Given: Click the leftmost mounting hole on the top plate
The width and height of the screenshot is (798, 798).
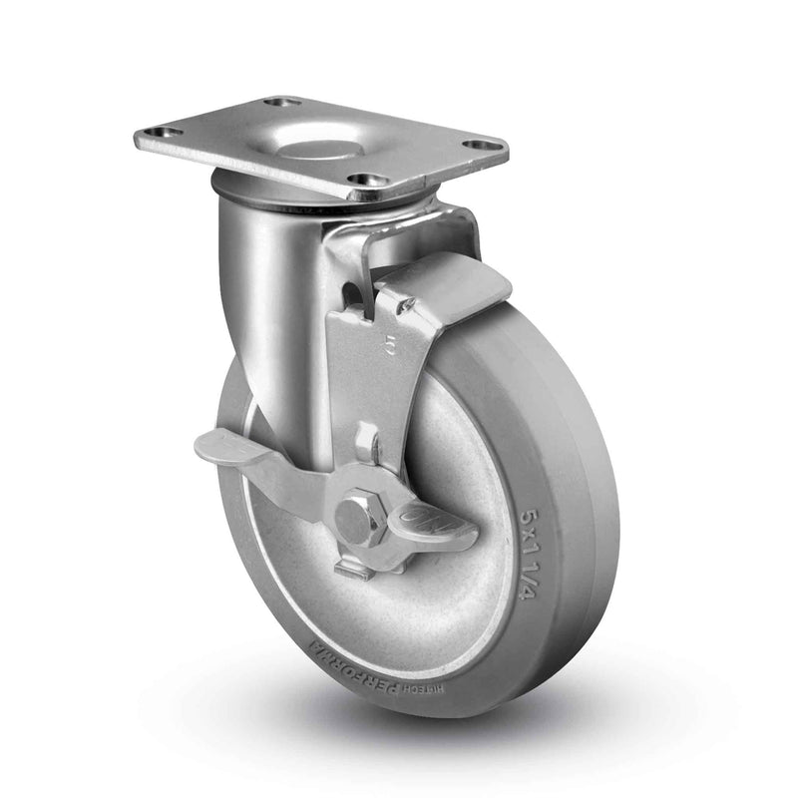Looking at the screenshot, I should click(x=159, y=133).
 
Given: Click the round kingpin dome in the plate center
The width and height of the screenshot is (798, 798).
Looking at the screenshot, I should click(x=324, y=151).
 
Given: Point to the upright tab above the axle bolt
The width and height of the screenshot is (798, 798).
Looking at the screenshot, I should click(x=366, y=443).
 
